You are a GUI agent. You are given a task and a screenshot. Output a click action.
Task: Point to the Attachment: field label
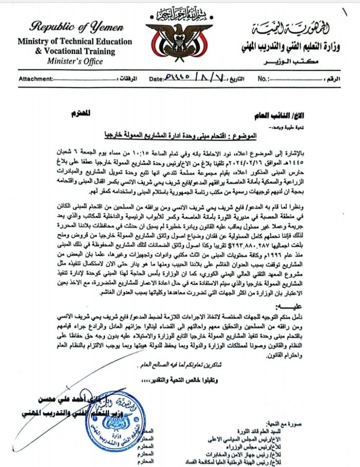36,79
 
